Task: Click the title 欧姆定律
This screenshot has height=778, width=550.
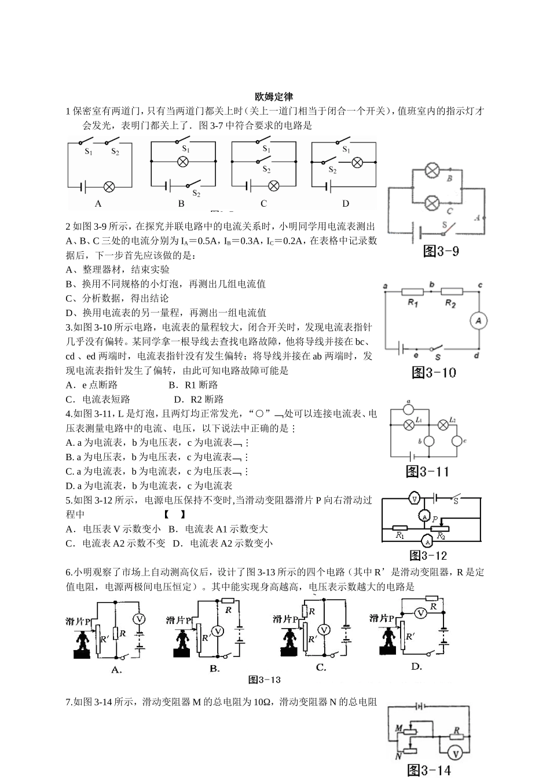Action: tap(274, 96)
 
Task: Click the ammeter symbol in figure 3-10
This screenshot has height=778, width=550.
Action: tap(478, 321)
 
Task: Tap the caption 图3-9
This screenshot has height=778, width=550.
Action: tap(441, 251)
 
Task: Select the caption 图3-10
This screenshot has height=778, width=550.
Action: tap(434, 372)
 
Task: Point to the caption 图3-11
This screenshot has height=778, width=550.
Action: tap(427, 471)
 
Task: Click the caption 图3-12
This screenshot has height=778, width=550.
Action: tap(428, 556)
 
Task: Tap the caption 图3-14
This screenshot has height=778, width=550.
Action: tap(429, 769)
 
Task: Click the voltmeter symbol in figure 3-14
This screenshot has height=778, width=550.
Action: tap(455, 753)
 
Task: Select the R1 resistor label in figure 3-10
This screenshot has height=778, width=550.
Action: tap(412, 303)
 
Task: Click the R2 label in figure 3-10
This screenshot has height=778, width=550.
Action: tap(451, 303)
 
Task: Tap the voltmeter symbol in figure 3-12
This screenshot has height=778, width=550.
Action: tap(415, 498)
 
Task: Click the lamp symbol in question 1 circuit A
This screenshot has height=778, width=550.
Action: tap(108, 186)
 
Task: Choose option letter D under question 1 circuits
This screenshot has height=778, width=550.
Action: tap(346, 203)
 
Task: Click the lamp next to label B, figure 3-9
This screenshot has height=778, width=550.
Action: tap(432, 170)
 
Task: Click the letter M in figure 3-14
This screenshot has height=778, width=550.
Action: tap(399, 727)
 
